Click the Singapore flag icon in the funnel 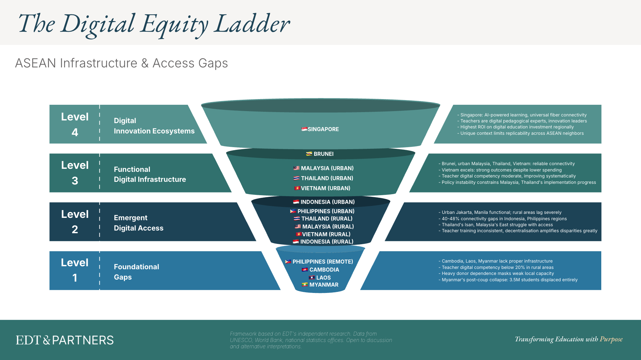click(304, 129)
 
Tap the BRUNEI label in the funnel click(324, 154)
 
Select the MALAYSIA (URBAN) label click(327, 168)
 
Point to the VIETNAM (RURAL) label click(326, 234)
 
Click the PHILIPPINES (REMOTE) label click(323, 262)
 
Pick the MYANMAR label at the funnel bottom click(324, 285)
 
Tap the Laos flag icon click(312, 278)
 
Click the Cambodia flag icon click(304, 270)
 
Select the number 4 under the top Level click(75, 132)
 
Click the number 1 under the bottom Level click(75, 278)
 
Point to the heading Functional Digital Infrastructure click(150, 174)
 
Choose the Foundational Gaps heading click(136, 272)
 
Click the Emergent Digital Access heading click(139, 223)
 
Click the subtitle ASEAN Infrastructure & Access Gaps click(122, 63)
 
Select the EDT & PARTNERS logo click(65, 340)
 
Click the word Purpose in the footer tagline click(611, 339)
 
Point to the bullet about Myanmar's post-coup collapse click(509, 280)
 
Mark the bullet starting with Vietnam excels click(501, 170)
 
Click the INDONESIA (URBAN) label click(327, 202)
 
